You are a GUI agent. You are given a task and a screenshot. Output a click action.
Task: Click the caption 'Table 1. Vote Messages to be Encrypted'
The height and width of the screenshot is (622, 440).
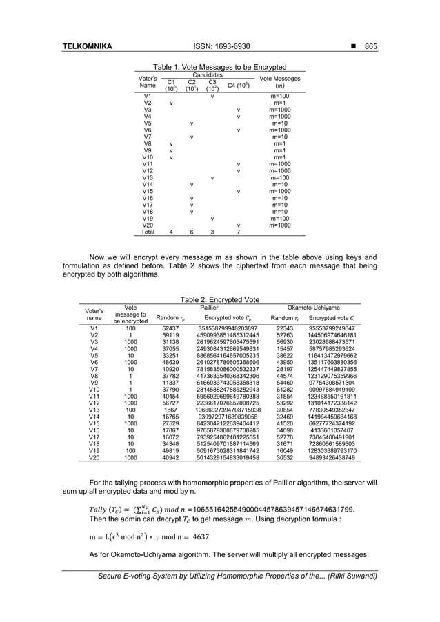pos(219,67)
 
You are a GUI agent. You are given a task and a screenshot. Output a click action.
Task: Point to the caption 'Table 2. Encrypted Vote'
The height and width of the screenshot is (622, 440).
pos(219,300)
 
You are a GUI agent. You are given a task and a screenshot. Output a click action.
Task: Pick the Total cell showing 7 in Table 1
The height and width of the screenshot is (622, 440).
pos(237,232)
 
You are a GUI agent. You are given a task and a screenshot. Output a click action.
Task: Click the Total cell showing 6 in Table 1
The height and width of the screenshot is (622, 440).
pos(191,232)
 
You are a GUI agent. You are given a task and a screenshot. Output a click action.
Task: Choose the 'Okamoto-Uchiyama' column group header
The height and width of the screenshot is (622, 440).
pos(314,308)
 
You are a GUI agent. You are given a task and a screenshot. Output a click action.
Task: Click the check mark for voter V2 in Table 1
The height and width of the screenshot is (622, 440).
pos(170,103)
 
